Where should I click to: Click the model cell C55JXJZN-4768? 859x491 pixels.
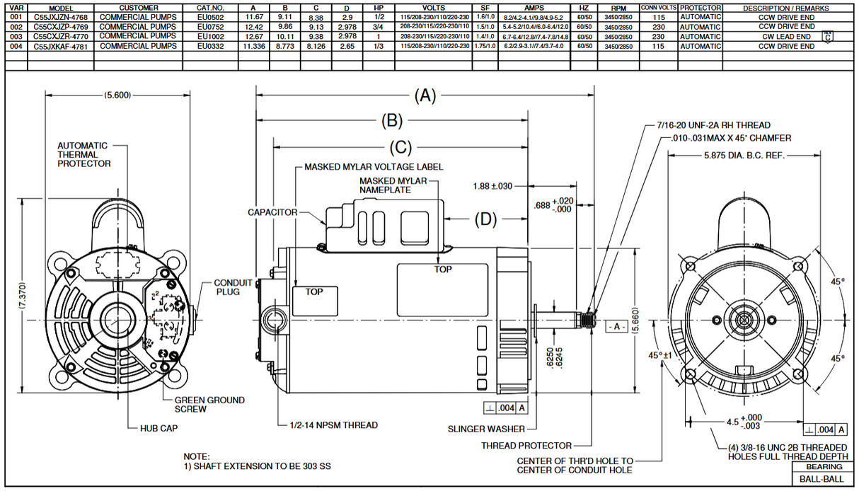(x=60, y=16)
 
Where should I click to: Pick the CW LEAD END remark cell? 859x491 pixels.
(x=786, y=36)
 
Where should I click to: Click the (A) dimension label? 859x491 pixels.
(x=425, y=96)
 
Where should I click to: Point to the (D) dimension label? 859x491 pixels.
(x=485, y=219)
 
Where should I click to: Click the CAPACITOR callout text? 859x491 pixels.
(x=272, y=212)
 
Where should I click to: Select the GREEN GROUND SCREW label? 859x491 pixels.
(x=209, y=404)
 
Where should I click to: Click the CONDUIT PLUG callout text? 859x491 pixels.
(x=233, y=287)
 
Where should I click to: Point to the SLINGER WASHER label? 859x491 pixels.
(x=487, y=429)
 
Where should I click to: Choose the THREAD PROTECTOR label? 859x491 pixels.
(x=526, y=446)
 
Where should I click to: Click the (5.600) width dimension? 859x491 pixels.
(x=117, y=96)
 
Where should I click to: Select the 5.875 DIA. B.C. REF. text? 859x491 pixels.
(x=746, y=156)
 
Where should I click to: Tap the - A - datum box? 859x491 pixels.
(x=615, y=327)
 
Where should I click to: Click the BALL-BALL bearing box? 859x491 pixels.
(x=821, y=479)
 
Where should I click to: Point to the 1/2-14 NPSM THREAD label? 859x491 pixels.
(x=334, y=425)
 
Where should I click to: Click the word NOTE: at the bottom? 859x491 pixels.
(x=197, y=456)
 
